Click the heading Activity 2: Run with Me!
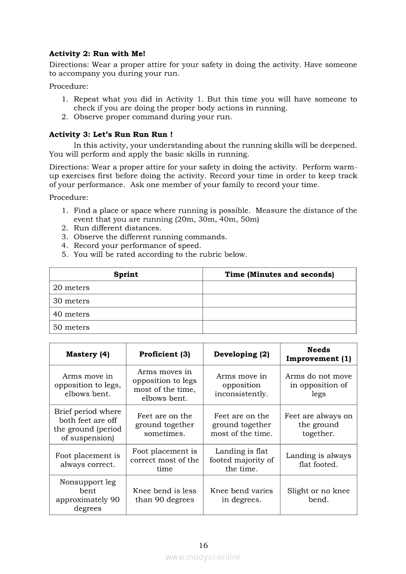click(97, 54)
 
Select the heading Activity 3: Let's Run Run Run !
click(111, 134)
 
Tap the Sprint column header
click(126, 274)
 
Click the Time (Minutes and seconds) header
click(279, 274)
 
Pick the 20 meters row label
click(71, 288)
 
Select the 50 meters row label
click(71, 328)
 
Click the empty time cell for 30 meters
click(279, 301)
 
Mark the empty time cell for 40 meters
click(279, 314)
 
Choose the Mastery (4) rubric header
click(87, 354)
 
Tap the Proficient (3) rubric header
click(165, 354)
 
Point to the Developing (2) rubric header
click(241, 354)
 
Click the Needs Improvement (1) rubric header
click(319, 354)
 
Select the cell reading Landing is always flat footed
click(319, 460)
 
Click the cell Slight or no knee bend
click(319, 495)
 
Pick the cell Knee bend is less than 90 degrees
click(165, 495)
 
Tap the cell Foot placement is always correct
click(87, 460)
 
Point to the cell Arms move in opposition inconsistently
click(241, 385)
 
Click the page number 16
click(203, 545)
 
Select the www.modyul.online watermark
click(203, 557)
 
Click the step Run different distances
click(117, 228)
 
